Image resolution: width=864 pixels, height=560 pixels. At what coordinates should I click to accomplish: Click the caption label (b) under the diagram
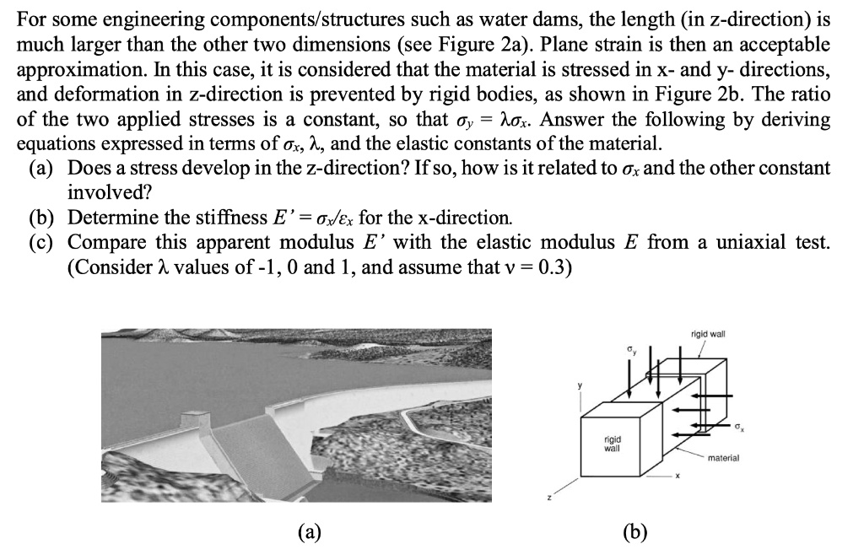click(x=634, y=531)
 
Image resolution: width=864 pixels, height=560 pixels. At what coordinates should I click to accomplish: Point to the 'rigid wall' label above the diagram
click(x=707, y=334)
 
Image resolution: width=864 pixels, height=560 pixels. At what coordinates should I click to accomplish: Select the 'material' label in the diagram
click(x=723, y=457)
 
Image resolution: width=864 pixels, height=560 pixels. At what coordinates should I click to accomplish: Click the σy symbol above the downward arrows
click(x=629, y=348)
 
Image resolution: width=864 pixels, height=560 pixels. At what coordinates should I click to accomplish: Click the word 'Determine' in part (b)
click(x=110, y=218)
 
